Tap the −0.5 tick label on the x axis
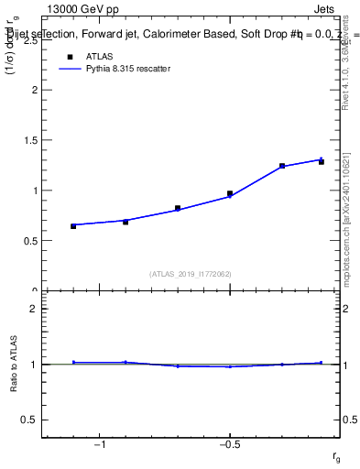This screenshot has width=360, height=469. point(229,445)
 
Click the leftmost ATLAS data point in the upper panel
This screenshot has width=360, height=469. point(73,225)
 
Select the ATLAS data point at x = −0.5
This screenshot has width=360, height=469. point(230,193)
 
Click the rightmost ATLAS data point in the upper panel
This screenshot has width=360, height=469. point(322,162)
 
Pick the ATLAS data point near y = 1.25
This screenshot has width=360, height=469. point(282,166)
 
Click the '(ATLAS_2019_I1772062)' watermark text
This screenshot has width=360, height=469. point(191,273)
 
